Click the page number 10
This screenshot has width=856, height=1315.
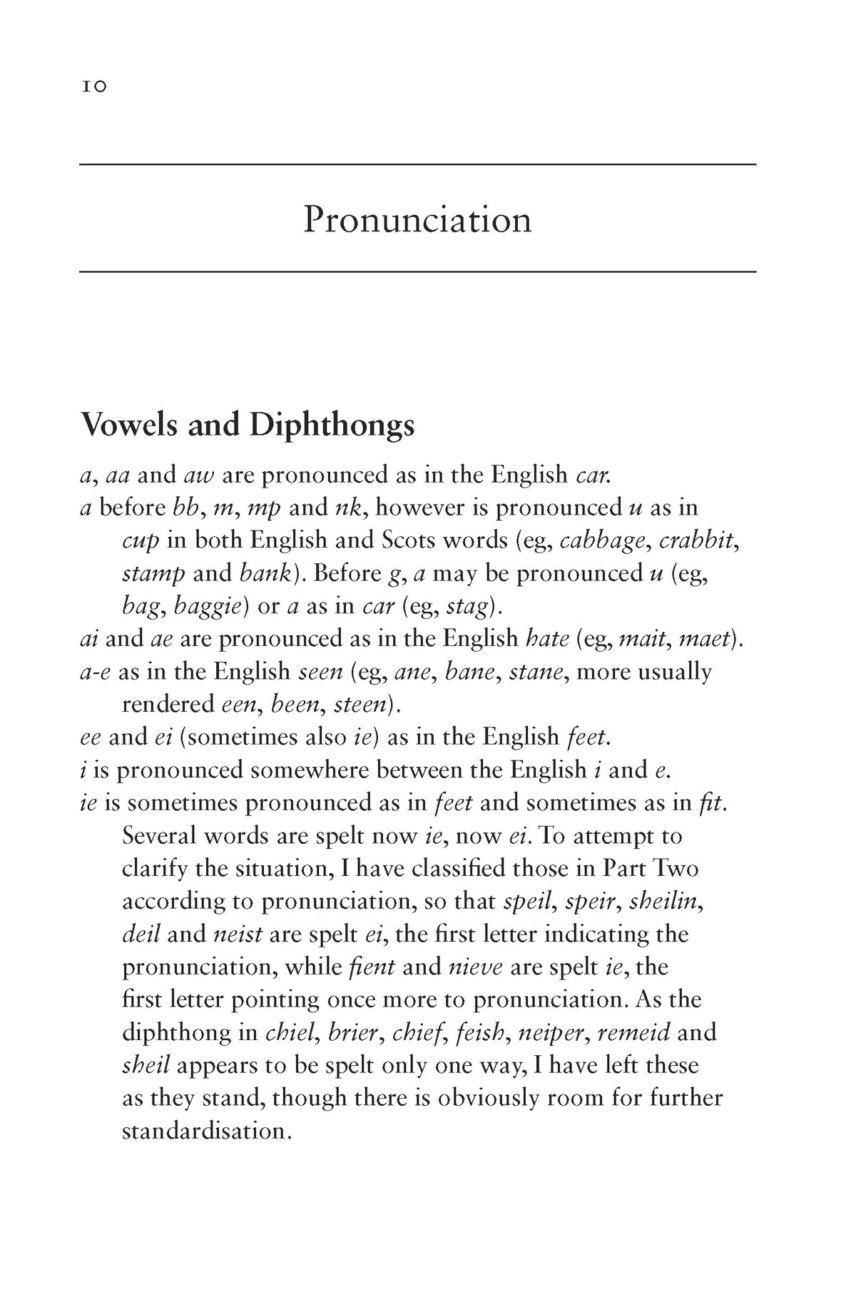[93, 86]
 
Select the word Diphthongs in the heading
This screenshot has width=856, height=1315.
[332, 426]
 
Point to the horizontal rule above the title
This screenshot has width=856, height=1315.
[417, 165]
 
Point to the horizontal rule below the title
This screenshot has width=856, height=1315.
[417, 272]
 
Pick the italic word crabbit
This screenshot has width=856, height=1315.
[698, 540]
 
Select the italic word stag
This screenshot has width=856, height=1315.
[469, 607]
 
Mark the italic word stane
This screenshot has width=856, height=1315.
[535, 672]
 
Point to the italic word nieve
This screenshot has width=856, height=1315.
[476, 967]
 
